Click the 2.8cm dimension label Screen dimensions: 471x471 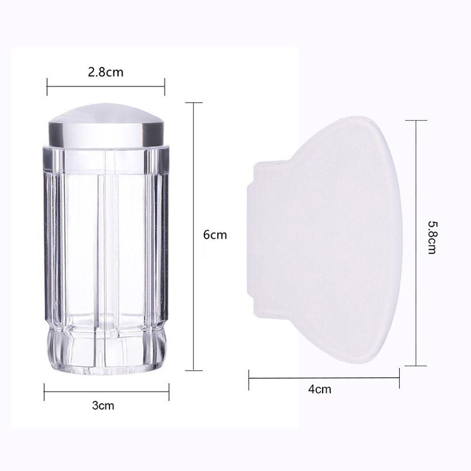coord(106,73)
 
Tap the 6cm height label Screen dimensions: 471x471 coord(215,235)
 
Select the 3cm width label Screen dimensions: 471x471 coord(103,406)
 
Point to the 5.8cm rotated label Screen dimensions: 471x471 coord(432,237)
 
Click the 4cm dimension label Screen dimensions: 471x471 coord(320,390)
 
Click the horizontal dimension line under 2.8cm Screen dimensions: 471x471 coord(106,87)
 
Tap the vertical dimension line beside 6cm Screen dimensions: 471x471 coord(194,236)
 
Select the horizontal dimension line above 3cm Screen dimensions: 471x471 coord(106,392)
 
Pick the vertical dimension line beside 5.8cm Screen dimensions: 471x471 coord(416,243)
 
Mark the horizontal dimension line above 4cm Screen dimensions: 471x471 coord(324,378)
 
